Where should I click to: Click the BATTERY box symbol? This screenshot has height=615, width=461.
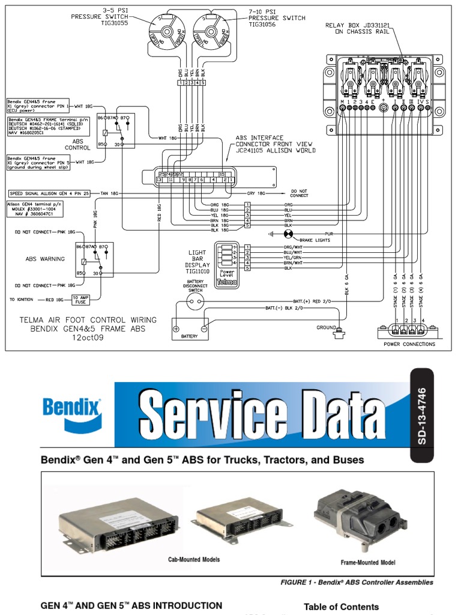coord(190,329)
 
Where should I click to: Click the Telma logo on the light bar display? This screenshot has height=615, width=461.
coord(227,281)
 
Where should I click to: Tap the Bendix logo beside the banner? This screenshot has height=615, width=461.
coord(73,414)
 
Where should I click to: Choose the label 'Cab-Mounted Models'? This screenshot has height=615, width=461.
coord(194,559)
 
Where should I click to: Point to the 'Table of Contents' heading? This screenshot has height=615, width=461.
coord(341,607)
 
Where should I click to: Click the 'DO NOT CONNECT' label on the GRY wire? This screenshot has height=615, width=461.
coord(300,193)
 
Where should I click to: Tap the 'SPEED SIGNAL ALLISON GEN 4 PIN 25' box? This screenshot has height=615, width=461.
coord(50,193)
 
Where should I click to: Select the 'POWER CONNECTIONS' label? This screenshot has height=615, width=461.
coord(409,344)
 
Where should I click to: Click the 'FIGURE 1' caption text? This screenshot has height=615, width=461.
coord(357,582)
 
